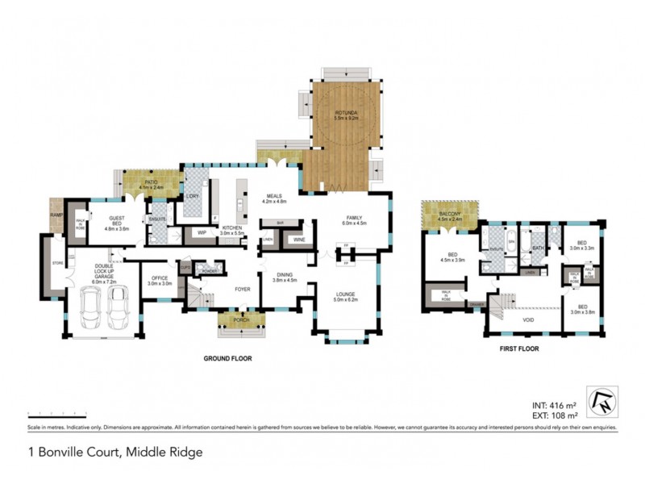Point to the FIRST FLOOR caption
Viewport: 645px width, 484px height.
pos(519,349)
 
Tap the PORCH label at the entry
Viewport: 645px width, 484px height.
pos(239,319)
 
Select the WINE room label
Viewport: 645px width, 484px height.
pos(298,240)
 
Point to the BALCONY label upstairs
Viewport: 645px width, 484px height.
pos(449,214)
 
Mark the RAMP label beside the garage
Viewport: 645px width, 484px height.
pos(56,215)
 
